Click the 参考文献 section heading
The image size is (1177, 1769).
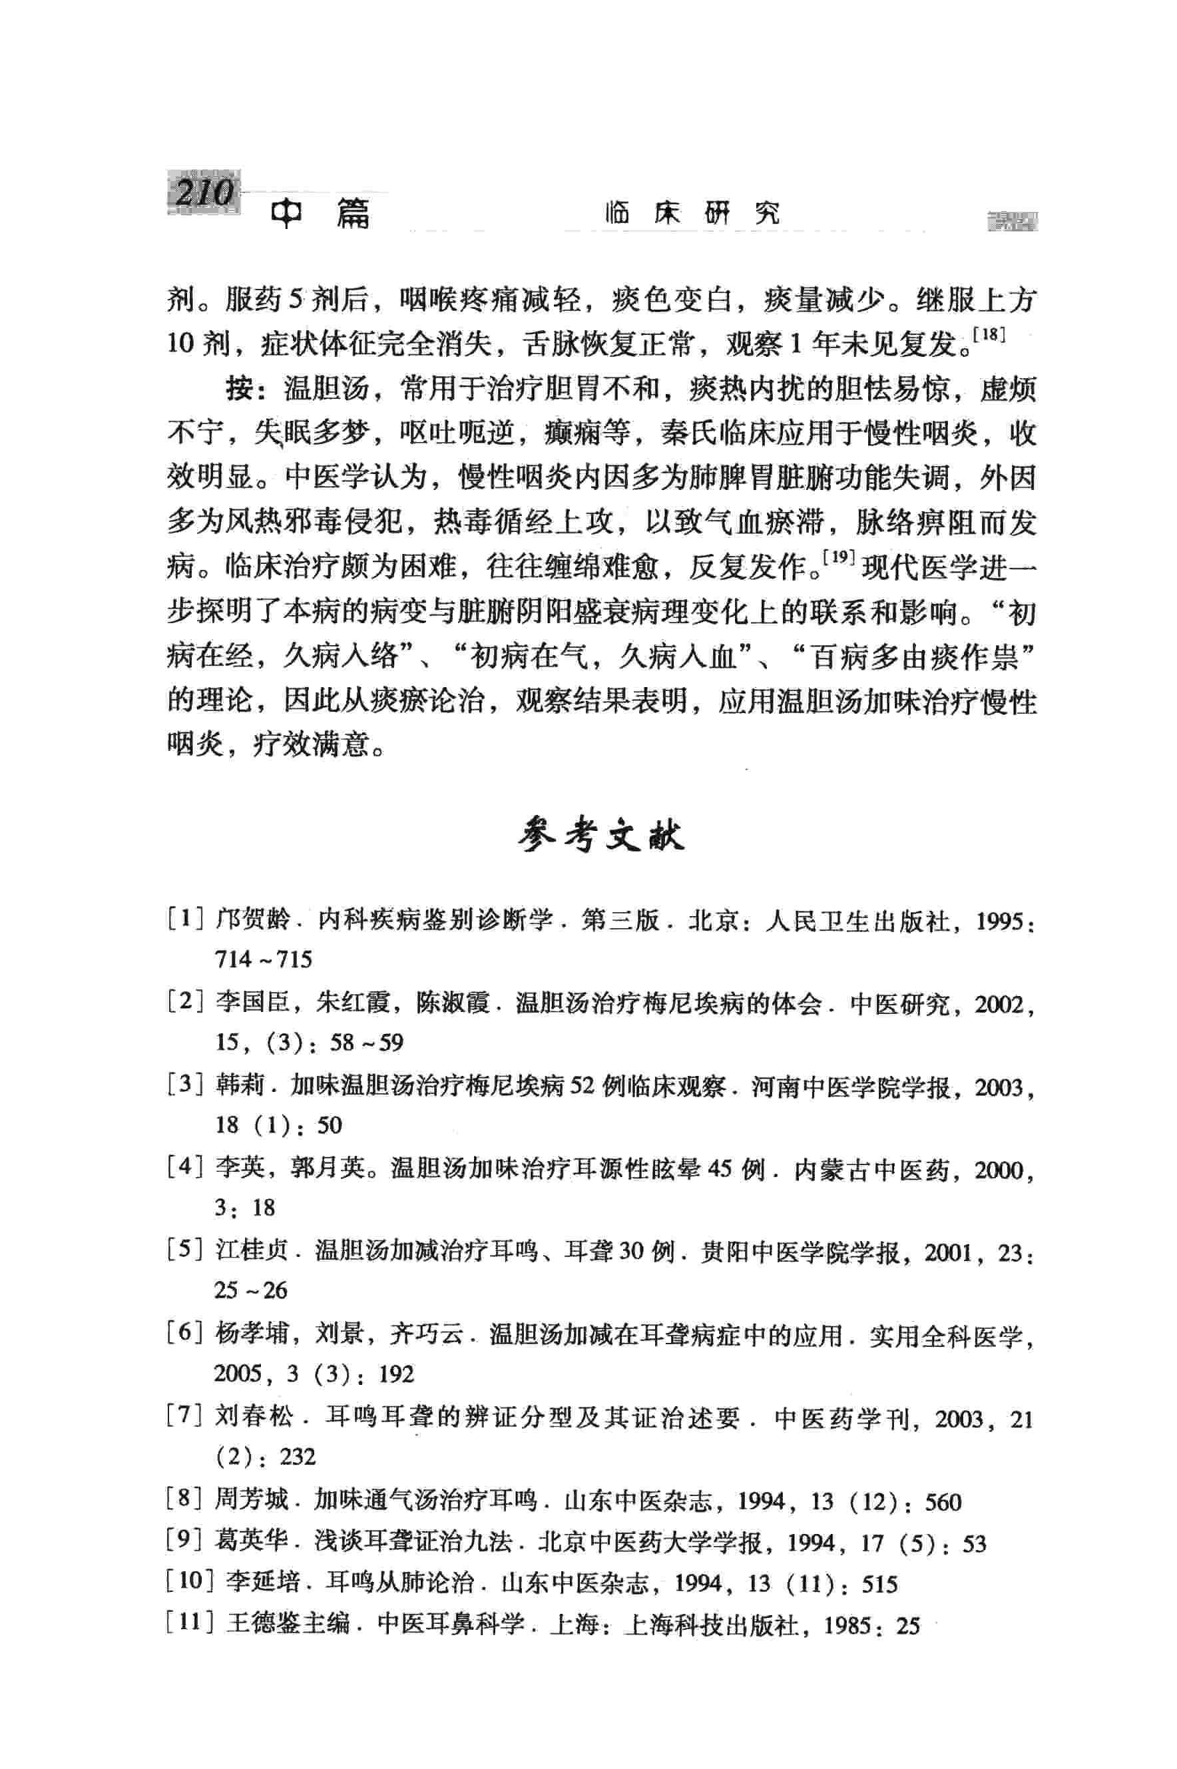tap(601, 837)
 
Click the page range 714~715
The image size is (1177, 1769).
tap(263, 959)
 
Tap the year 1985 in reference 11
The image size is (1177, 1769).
tap(847, 1627)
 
